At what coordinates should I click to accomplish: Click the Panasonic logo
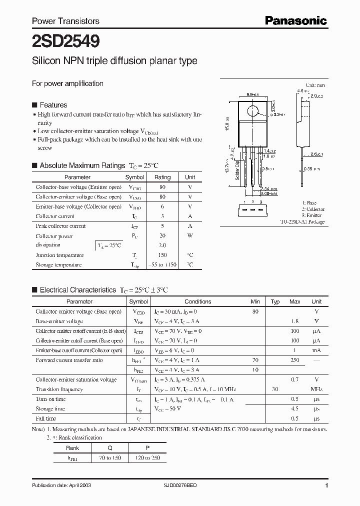click(295, 20)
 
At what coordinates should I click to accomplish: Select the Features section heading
click(53, 105)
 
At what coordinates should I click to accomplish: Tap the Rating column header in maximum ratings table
click(162, 177)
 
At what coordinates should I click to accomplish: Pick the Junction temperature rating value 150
click(162, 255)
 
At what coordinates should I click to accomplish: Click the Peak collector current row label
click(60, 226)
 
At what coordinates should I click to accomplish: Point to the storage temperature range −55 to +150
click(162, 265)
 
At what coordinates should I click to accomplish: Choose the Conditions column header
click(198, 301)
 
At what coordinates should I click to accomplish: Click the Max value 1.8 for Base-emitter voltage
click(295, 321)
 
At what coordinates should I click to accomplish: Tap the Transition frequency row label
click(59, 389)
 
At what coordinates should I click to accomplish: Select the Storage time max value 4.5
click(295, 409)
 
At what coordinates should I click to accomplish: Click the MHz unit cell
click(316, 389)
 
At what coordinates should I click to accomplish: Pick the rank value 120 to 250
click(147, 457)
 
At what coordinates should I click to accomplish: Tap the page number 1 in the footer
click(326, 485)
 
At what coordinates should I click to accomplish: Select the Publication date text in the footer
click(61, 485)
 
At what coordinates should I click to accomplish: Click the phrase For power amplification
click(67, 83)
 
